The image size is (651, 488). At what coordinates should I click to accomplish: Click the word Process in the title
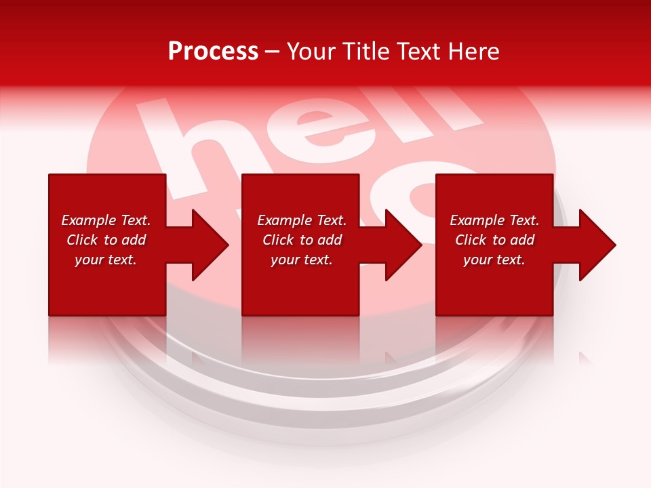213,52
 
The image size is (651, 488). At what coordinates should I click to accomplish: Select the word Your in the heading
310,52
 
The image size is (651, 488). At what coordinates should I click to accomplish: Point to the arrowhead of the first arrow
211,245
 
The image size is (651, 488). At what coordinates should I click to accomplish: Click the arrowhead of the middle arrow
404,245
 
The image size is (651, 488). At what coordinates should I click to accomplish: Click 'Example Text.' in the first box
106,220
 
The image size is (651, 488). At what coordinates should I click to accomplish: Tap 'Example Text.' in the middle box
302,220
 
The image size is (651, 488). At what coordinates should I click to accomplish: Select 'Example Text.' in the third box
494,220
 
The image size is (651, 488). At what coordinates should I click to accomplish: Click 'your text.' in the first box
106,260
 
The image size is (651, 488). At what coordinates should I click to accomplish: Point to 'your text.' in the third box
494,260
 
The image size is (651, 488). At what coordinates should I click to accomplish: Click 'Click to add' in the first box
106,240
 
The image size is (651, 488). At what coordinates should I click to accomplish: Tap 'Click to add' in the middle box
302,240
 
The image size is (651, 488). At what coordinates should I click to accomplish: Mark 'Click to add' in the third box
494,240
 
